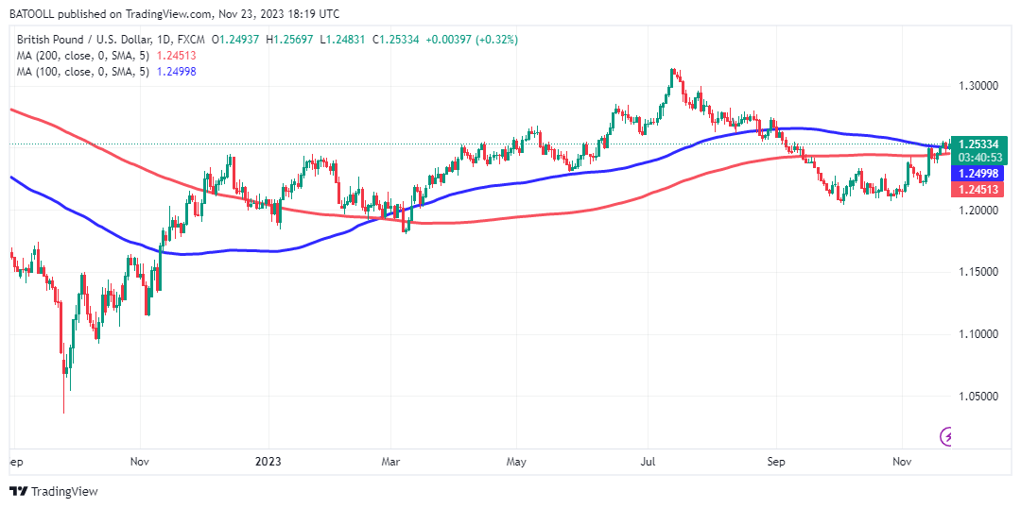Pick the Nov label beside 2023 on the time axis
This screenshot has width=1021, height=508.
coord(140,463)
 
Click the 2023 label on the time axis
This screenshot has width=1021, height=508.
coord(268,463)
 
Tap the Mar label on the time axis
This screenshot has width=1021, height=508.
coord(390,463)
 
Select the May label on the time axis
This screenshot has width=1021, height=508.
coord(516,463)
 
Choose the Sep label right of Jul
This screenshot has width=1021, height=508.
coord(775,463)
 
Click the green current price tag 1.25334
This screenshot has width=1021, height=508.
coord(980,144)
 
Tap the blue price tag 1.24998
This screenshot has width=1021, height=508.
coord(980,174)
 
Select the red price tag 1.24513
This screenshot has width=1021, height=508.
coord(980,189)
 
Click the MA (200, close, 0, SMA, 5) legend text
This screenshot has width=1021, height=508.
coord(87,56)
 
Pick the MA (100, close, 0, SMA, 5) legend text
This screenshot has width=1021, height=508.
coord(87,72)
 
